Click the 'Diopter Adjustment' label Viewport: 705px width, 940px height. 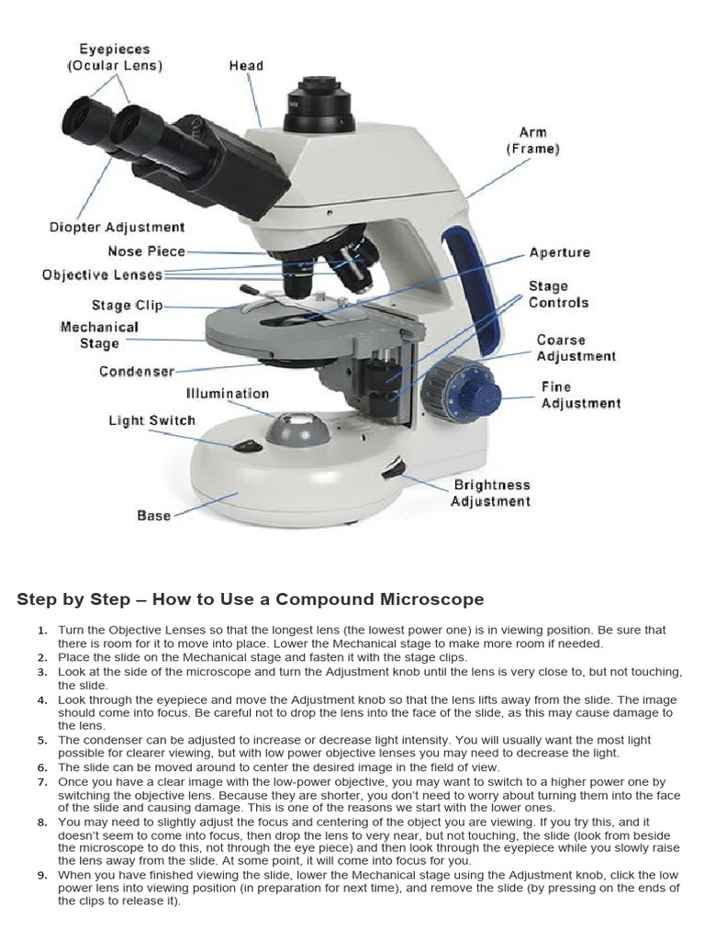tap(117, 227)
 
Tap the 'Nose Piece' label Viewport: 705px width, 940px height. tap(146, 251)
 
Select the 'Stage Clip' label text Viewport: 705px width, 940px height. tap(127, 306)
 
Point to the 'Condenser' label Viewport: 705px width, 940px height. tap(136, 372)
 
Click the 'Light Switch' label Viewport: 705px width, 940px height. tap(152, 420)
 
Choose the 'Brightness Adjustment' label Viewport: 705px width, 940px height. tap(490, 493)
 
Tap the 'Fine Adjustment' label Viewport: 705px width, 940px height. tap(580, 395)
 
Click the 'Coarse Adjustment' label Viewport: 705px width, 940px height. tap(576, 348)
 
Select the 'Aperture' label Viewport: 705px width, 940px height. tap(560, 252)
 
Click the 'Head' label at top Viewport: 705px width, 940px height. tap(246, 66)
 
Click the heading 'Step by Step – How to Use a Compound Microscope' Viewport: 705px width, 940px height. tap(250, 599)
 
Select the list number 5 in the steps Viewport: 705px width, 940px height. tap(42, 739)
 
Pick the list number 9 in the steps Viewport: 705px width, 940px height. tap(42, 875)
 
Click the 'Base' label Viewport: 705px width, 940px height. tap(153, 516)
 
